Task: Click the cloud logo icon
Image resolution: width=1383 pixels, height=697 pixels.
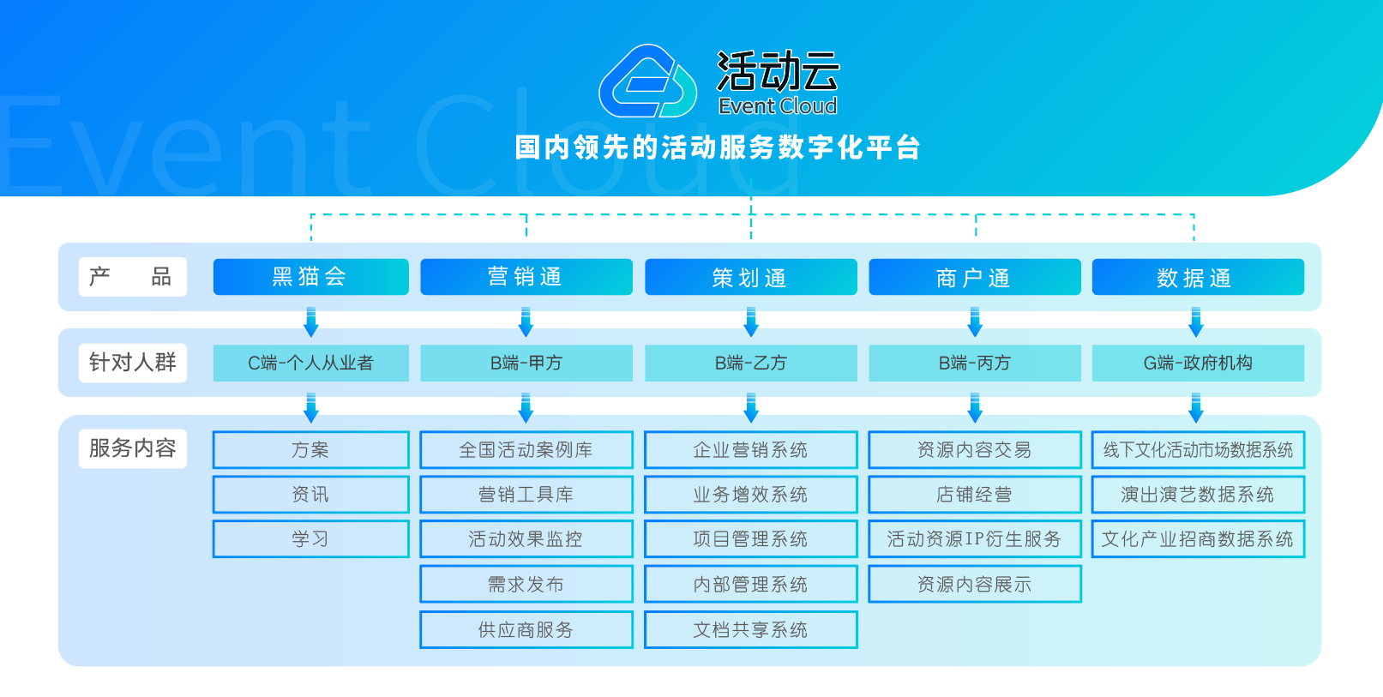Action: (x=647, y=81)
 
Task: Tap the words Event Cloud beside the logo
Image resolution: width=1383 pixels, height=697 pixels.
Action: (x=778, y=106)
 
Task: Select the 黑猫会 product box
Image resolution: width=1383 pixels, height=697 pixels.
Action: (x=310, y=277)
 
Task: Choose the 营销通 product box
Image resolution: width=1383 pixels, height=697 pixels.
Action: (x=526, y=277)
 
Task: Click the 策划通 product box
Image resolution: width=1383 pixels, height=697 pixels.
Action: (x=751, y=277)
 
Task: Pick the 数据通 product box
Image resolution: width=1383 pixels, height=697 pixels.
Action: (x=1198, y=277)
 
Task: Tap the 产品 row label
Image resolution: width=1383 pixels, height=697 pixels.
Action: (x=133, y=277)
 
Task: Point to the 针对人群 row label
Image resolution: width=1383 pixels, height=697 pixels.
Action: (x=133, y=363)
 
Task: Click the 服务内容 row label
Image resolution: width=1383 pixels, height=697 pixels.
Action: (x=133, y=448)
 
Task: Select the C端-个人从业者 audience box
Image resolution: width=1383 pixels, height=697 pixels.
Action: (x=310, y=363)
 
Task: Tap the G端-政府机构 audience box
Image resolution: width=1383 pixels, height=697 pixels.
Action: (x=1198, y=363)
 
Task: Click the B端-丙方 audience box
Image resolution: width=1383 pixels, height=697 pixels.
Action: (x=974, y=363)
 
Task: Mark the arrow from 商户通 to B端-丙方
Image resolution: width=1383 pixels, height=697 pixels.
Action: (x=974, y=321)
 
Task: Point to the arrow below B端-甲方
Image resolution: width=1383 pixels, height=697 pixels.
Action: (x=526, y=407)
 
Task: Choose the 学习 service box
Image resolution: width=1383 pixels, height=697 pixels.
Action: (x=310, y=539)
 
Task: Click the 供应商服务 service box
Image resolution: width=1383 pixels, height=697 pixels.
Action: (x=526, y=630)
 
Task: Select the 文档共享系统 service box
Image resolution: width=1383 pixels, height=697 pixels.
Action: (x=751, y=630)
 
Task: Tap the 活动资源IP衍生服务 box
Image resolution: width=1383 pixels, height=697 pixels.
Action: (x=974, y=539)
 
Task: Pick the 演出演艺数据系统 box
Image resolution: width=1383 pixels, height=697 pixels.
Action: (x=1198, y=495)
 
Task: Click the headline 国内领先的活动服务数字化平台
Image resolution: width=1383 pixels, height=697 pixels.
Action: (x=718, y=148)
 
